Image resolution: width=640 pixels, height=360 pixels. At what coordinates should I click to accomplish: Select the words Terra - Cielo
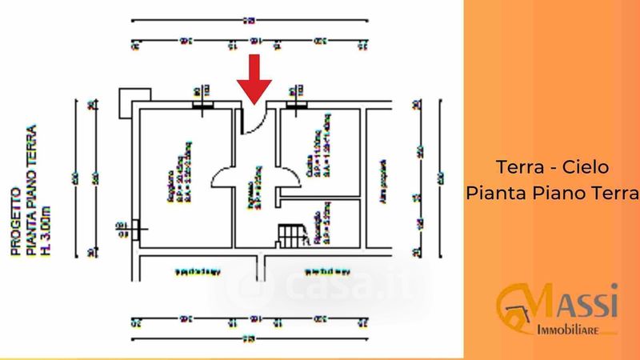tap(553, 168)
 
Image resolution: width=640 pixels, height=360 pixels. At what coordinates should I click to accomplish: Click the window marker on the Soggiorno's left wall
tap(136, 230)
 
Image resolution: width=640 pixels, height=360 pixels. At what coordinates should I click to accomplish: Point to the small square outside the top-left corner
tap(128, 101)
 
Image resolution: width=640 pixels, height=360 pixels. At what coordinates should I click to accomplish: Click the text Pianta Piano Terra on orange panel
tap(553, 193)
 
